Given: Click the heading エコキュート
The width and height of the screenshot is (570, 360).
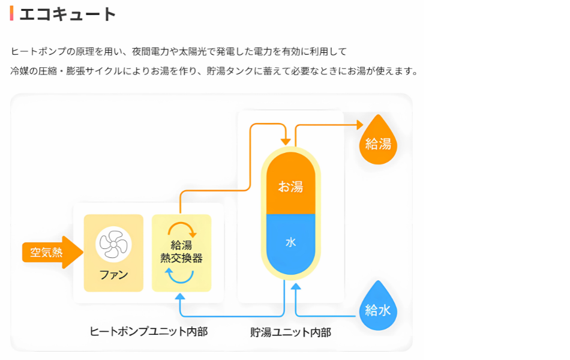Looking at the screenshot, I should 67,14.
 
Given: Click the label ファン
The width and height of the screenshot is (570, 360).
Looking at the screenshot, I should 114,276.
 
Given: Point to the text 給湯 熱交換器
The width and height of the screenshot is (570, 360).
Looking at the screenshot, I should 181,252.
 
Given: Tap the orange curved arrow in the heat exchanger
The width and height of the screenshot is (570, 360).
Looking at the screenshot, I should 182,229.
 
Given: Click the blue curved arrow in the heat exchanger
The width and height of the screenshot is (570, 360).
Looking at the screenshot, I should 181,275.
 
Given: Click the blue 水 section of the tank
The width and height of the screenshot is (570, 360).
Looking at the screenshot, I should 290,243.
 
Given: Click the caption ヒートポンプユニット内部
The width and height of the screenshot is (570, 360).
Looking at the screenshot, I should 149,331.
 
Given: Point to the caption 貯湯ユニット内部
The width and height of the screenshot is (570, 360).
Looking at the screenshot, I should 290,332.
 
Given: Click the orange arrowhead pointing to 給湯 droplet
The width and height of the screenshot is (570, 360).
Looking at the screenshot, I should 359,125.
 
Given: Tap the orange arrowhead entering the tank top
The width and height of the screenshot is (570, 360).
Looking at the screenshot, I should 285,140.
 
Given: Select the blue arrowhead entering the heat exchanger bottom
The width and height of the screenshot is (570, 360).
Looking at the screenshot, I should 181,296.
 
